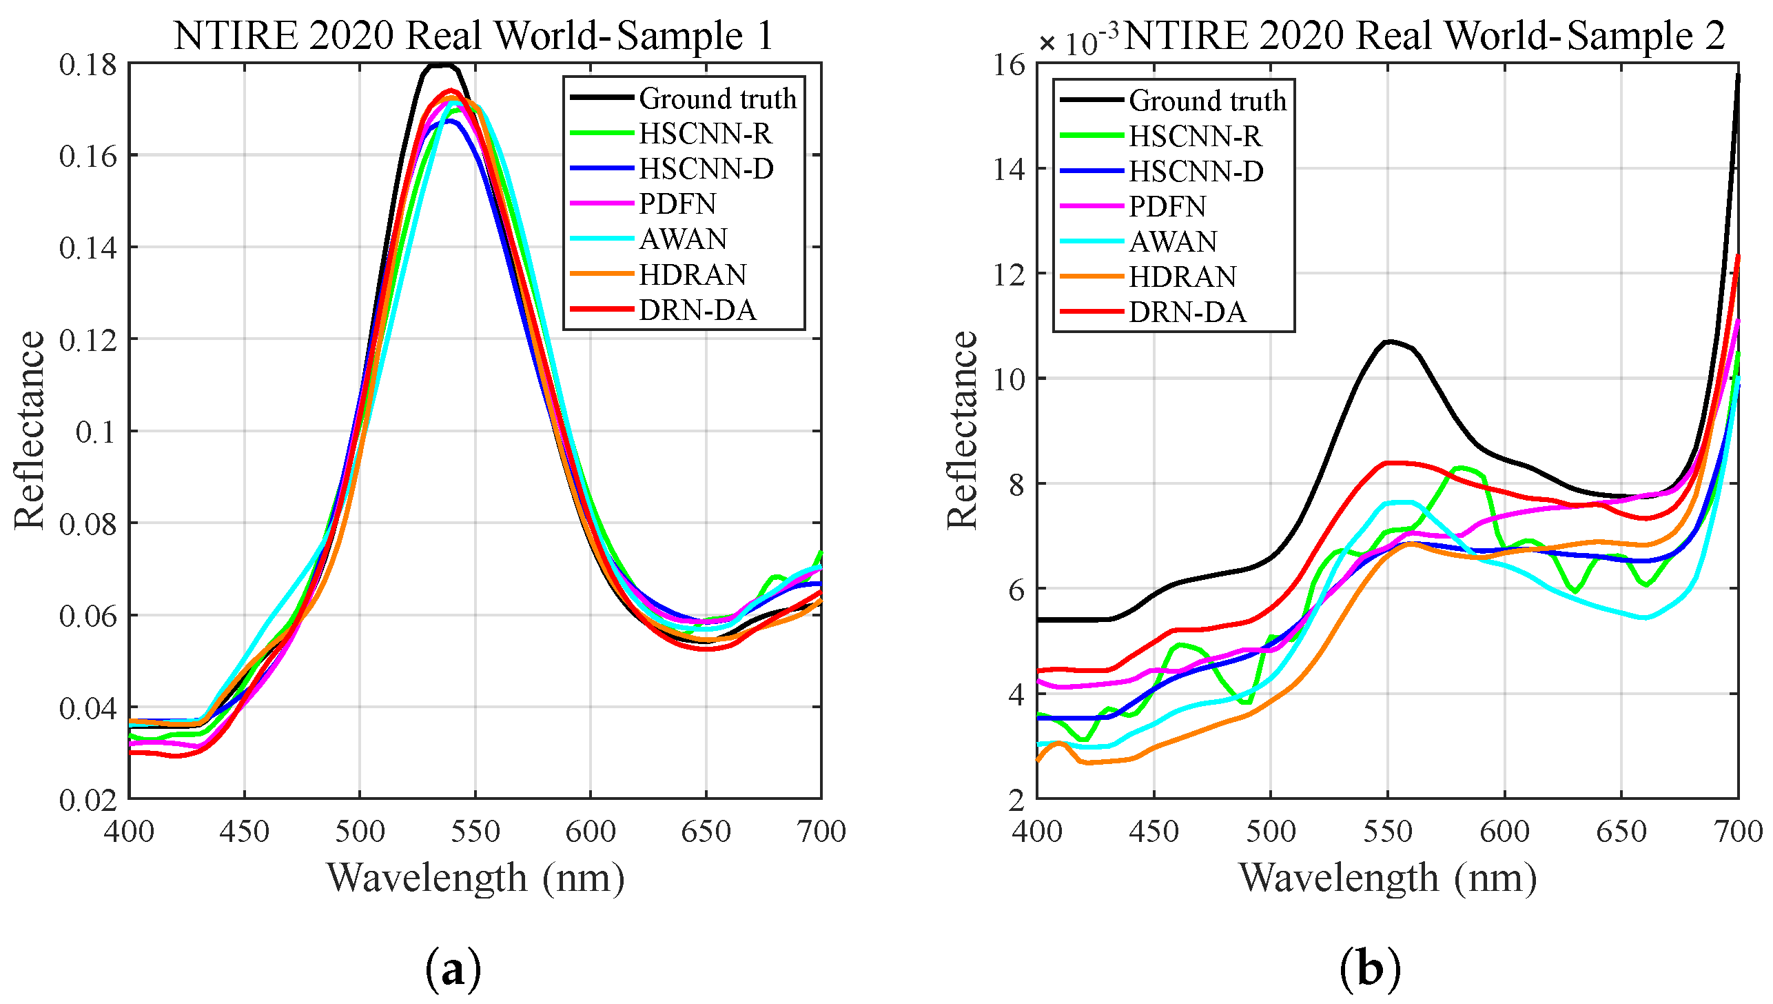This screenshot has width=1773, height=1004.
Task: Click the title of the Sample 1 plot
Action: (x=474, y=36)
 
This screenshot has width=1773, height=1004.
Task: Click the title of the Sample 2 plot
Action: (x=1422, y=36)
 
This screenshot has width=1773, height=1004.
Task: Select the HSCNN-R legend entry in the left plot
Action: (x=705, y=134)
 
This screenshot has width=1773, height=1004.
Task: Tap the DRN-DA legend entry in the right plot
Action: (x=1187, y=312)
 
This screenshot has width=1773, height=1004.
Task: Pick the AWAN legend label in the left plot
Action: (x=683, y=239)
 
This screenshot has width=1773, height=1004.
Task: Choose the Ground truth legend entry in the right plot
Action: (x=1207, y=101)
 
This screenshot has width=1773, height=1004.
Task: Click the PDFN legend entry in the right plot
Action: (x=1167, y=206)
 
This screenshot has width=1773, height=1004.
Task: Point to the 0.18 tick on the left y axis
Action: (x=88, y=65)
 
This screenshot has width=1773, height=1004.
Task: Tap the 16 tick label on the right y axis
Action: (x=1009, y=65)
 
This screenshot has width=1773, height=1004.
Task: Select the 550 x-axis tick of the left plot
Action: (x=475, y=832)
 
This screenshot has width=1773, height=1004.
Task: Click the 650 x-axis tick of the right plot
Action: (x=1621, y=832)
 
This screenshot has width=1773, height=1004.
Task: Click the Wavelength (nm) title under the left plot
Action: (x=475, y=878)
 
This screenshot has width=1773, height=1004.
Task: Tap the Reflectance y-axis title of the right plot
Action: (x=962, y=430)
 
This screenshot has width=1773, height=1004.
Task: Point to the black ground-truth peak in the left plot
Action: (x=441, y=66)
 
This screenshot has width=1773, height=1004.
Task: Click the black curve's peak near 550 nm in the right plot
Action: (x=1388, y=341)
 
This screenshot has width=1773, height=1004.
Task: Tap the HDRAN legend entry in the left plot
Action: (x=693, y=275)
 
